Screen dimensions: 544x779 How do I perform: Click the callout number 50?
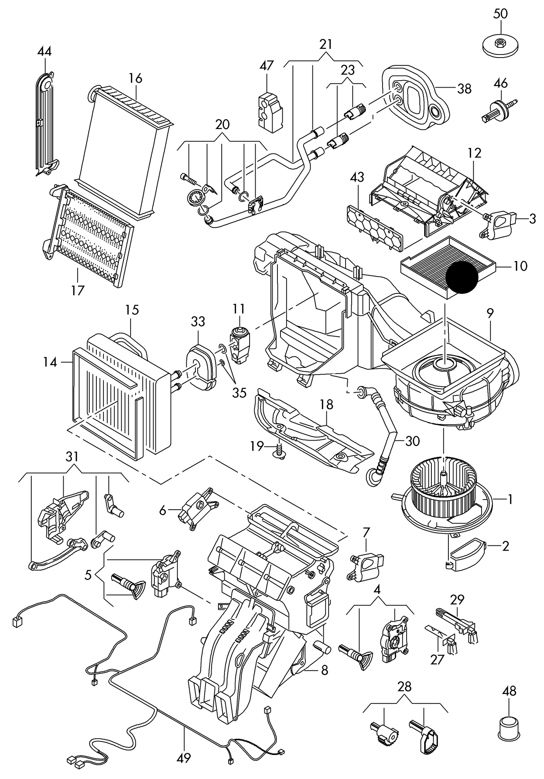pos(500,14)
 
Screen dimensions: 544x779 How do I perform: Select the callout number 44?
pos(44,52)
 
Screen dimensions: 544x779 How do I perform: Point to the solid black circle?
pos(462,277)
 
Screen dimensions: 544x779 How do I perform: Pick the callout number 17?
pos(77,290)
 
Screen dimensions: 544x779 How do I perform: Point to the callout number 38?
pos(464,89)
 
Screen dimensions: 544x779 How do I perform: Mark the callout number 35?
pos(239,393)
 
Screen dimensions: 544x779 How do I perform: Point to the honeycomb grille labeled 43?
pos(375,227)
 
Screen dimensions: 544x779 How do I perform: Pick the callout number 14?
pos(50,362)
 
